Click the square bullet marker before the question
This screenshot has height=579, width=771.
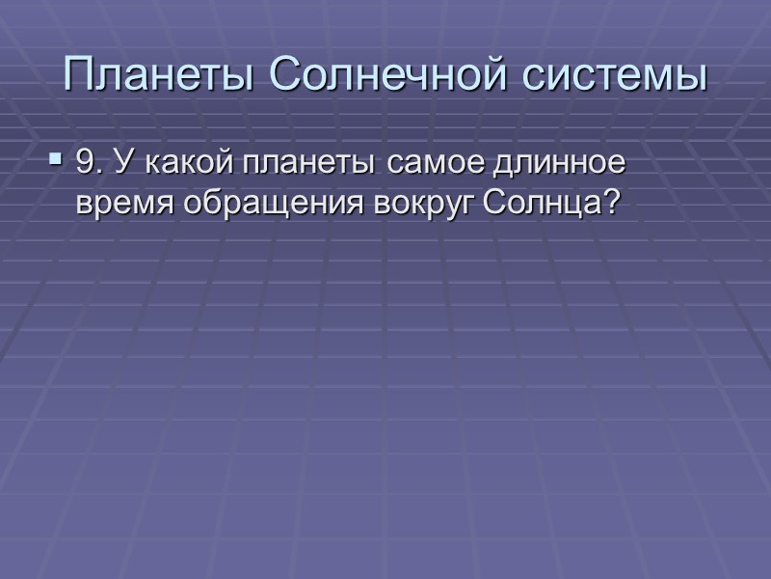point(54,156)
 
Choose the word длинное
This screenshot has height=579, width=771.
point(564,166)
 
